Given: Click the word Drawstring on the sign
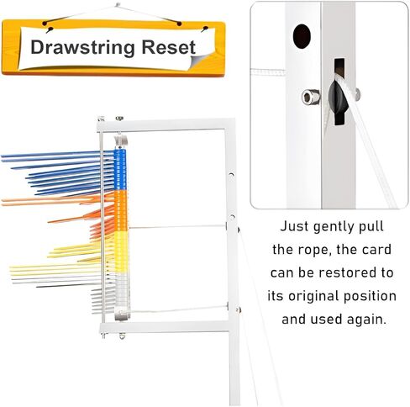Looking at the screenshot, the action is tap(82, 48).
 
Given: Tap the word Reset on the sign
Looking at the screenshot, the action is tap(168, 47).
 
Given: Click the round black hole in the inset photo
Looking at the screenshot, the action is tap(302, 36).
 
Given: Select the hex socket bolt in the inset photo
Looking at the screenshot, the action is tap(310, 97).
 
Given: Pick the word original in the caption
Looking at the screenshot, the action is tap(313, 297).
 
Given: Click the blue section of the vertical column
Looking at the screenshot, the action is tap(120, 170).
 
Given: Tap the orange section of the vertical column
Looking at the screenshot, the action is tap(121, 211).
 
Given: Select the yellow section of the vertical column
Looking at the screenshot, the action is tap(122, 251).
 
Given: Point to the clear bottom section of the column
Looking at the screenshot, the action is tap(123, 292).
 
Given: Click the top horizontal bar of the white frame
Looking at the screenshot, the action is tap(166, 125).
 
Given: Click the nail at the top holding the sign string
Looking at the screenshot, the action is tap(118, 5).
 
